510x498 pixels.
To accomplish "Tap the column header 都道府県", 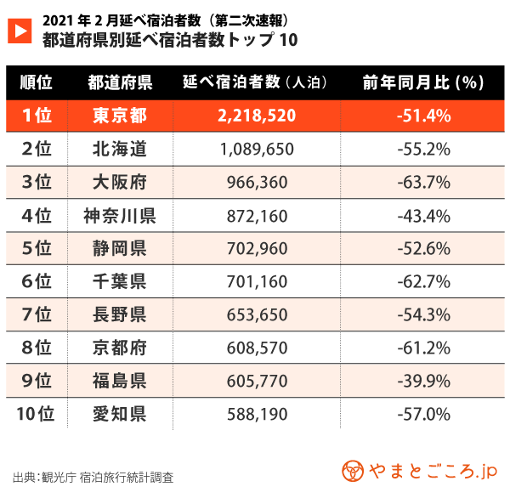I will coord(120,82).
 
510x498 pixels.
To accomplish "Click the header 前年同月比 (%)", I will coord(423,82).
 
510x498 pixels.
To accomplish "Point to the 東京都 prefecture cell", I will coord(120,116).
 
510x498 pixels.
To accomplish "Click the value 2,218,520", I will coord(256,116).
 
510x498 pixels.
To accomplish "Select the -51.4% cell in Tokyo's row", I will coord(423,116).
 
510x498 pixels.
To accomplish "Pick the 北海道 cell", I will coord(120,149).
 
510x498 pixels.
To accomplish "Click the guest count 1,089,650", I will coord(256,149).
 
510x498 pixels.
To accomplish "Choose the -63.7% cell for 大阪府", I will coord(423,182).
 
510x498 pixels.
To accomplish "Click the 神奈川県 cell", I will coord(120,215).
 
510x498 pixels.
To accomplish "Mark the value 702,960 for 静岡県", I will coord(256,248).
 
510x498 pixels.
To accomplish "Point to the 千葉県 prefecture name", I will coord(120,281).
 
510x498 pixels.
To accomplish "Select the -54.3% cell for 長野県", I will coord(423,314).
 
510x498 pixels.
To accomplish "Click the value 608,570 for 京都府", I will coord(256,348).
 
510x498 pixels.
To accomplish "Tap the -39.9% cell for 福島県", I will coord(423,381).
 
